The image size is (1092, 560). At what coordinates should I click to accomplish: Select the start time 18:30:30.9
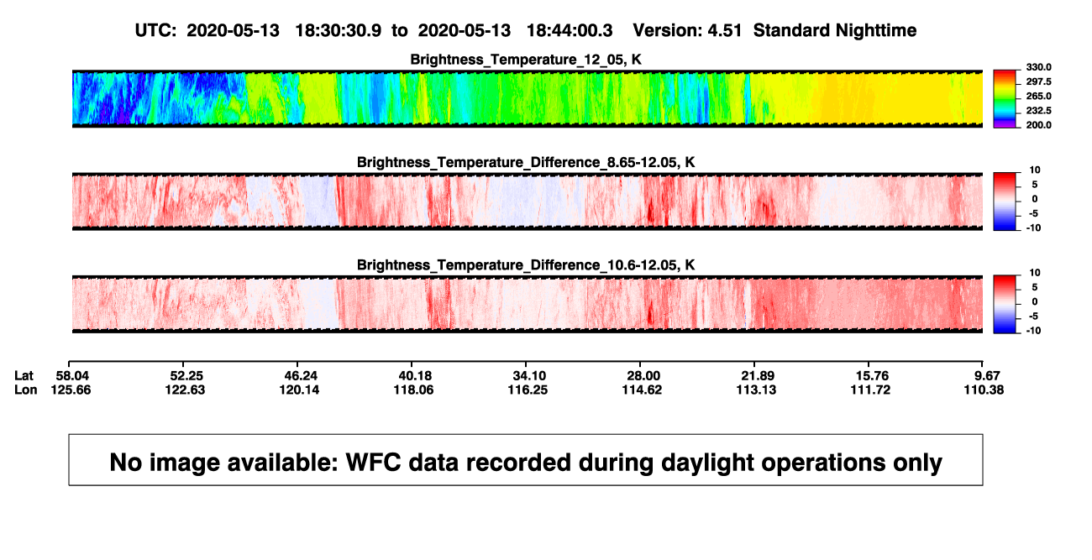click(x=339, y=30)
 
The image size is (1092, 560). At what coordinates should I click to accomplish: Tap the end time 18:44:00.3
click(x=570, y=30)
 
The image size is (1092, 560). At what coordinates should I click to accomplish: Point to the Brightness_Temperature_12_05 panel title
click(x=526, y=60)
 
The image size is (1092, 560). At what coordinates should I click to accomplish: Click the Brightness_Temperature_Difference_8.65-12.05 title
click(x=526, y=162)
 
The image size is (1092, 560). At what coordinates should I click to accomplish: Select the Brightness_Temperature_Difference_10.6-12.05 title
click(x=526, y=265)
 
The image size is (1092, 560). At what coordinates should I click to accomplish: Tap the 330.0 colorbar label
click(x=1038, y=67)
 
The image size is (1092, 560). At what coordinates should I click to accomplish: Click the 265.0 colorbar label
click(x=1038, y=96)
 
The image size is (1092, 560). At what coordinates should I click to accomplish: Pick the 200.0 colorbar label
click(x=1038, y=125)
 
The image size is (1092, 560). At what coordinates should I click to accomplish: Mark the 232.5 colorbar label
click(x=1038, y=111)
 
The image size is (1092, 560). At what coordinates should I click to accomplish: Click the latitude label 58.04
click(x=72, y=376)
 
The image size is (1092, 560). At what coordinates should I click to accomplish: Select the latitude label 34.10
click(x=529, y=376)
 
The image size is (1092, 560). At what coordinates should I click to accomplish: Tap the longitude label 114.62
click(x=642, y=390)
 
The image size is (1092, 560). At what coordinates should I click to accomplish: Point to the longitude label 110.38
click(x=984, y=390)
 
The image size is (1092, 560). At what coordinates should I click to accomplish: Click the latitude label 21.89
click(x=758, y=376)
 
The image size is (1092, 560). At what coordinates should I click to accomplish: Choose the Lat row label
click(x=24, y=376)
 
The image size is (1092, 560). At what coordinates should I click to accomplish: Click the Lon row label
click(x=25, y=390)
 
